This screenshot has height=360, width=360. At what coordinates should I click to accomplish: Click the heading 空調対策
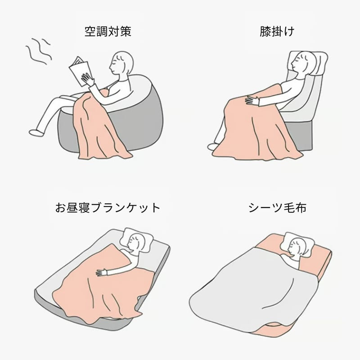click(108, 31)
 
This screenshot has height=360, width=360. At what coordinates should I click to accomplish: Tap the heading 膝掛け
click(277, 31)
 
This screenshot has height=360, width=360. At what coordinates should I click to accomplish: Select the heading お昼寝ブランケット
click(108, 207)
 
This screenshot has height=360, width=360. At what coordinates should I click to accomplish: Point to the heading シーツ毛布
click(277, 207)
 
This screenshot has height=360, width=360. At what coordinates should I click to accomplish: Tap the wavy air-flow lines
click(38, 51)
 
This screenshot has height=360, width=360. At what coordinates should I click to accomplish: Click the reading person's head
click(121, 63)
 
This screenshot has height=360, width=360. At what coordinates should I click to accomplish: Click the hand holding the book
click(88, 80)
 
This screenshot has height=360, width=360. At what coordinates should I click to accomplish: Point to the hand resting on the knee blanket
click(252, 101)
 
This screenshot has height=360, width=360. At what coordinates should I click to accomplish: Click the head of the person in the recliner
click(302, 62)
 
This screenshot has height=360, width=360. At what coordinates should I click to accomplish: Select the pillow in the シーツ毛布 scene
click(298, 244)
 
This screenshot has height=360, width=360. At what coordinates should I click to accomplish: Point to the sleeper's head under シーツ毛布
click(296, 248)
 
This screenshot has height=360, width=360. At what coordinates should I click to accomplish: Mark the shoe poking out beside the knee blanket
click(213, 147)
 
